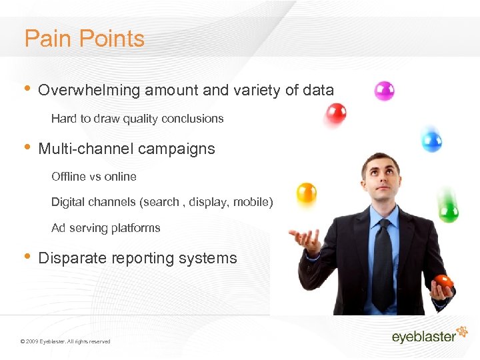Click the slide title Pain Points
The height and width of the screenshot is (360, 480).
(x=84, y=39)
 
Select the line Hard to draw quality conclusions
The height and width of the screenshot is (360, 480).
(x=137, y=119)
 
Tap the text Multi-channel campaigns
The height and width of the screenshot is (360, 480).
(x=127, y=149)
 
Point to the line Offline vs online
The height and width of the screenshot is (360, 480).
(x=94, y=177)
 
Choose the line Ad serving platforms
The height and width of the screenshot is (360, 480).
(x=106, y=228)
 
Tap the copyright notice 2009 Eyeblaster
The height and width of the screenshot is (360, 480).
(x=65, y=341)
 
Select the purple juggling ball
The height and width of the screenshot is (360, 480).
(x=384, y=91)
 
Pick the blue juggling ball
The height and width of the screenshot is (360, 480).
(x=432, y=139)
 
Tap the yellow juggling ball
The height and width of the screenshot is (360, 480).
(x=306, y=193)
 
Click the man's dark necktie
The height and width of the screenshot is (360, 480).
(x=383, y=263)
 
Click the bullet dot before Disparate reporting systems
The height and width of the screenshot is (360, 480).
(x=27, y=257)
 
